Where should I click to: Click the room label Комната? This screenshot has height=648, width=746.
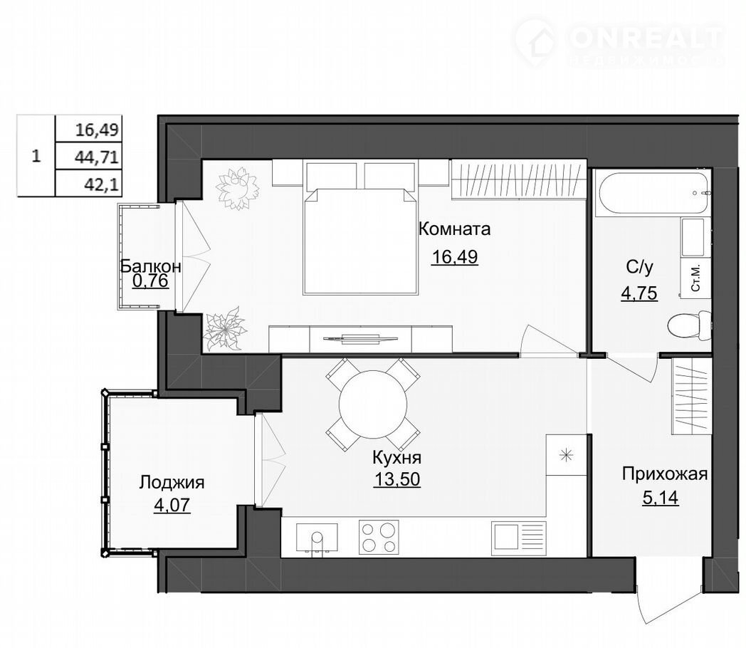(x=454, y=229)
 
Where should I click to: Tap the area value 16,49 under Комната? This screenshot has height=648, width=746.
(x=454, y=256)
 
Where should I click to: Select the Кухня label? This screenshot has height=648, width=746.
(x=396, y=458)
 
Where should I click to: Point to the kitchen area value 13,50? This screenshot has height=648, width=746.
(x=396, y=479)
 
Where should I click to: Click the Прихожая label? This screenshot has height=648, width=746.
(x=665, y=474)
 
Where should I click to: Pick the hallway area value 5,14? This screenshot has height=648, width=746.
(x=661, y=498)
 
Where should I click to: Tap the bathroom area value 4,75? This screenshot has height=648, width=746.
(x=639, y=293)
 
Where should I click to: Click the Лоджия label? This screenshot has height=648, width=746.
(x=172, y=482)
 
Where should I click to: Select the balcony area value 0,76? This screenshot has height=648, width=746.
(x=150, y=281)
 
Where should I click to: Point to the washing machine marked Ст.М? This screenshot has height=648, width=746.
(x=695, y=279)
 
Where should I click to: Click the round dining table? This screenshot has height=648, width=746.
(x=373, y=404)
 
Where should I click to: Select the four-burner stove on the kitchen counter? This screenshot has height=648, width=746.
(x=379, y=537)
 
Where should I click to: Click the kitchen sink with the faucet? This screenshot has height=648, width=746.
(x=317, y=538)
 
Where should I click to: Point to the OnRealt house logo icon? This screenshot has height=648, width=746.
(x=535, y=41)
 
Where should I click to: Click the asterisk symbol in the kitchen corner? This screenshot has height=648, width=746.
(x=566, y=455)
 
